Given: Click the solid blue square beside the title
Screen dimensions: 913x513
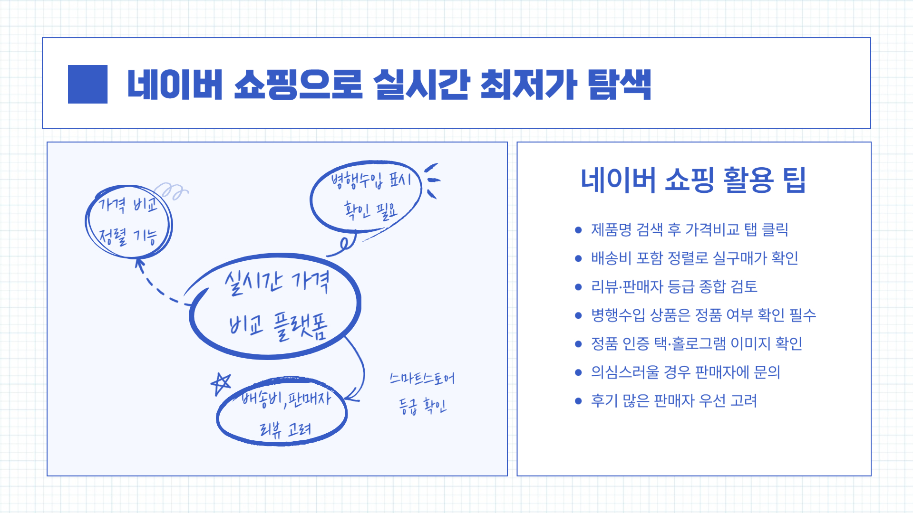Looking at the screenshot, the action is [x=87, y=84].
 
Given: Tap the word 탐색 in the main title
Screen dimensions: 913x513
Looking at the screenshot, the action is [x=619, y=85].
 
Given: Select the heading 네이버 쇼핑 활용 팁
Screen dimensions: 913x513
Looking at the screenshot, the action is [x=693, y=180].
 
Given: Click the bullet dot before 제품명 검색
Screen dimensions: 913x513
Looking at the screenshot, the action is [x=578, y=230].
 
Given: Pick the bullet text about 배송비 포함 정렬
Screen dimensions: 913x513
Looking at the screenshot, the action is [x=694, y=258].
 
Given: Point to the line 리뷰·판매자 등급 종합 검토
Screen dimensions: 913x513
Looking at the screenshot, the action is [x=674, y=286].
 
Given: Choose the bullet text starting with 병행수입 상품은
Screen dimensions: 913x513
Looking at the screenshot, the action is [x=703, y=315].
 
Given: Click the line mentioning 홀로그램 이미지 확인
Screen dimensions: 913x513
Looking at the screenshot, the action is [x=696, y=343].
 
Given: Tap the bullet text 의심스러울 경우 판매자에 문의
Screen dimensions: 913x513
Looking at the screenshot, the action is [x=685, y=372].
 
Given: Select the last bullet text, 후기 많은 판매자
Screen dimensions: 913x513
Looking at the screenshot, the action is [x=673, y=400].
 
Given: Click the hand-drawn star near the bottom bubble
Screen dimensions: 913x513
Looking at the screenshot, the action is [x=221, y=383].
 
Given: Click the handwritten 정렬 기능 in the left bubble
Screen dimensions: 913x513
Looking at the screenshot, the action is [x=127, y=236].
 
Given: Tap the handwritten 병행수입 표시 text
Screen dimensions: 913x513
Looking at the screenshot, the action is [x=370, y=180].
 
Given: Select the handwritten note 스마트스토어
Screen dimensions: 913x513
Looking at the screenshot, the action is [x=422, y=378].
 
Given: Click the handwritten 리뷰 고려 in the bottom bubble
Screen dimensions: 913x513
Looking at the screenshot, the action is [x=284, y=429].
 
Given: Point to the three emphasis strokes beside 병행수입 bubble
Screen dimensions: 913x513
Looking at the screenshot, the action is [x=432, y=180].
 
